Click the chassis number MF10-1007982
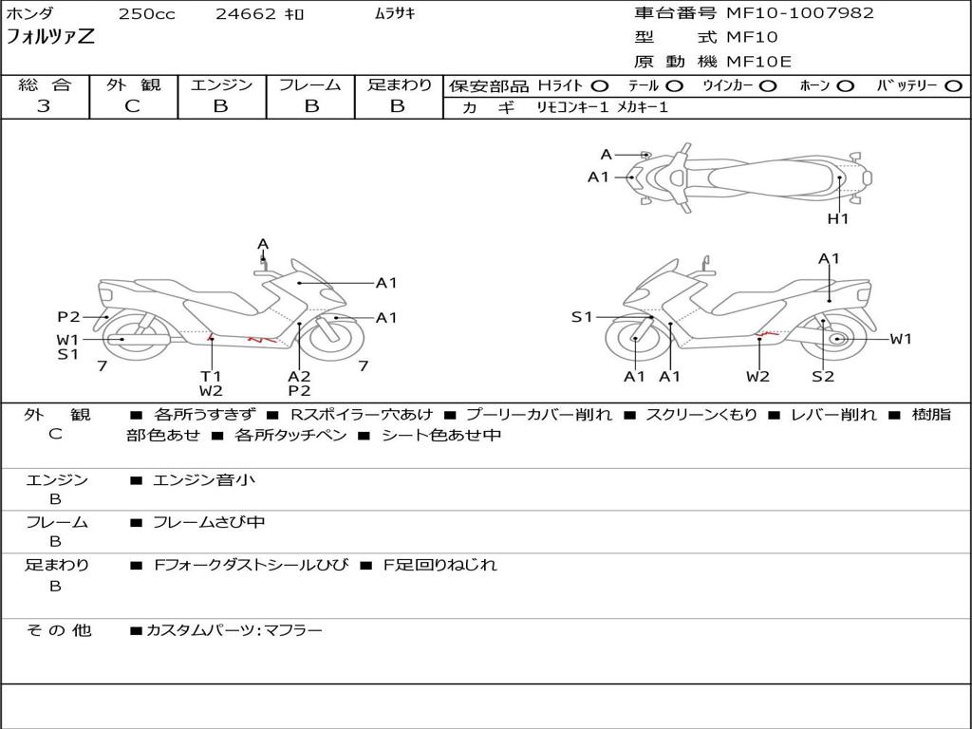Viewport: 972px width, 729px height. click(799, 13)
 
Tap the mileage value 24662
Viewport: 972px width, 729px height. click(245, 13)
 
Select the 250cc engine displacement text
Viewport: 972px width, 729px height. click(147, 13)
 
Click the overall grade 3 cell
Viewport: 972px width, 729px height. click(44, 106)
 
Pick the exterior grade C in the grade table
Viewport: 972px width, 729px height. click(132, 106)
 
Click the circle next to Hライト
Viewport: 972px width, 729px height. click(600, 86)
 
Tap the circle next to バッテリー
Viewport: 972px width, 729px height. click(953, 86)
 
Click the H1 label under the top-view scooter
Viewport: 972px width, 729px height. click(838, 219)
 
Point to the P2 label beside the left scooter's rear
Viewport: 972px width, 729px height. click(68, 317)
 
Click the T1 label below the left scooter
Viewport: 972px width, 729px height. click(211, 376)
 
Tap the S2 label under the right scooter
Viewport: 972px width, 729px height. click(823, 376)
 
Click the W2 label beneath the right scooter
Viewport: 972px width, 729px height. click(757, 376)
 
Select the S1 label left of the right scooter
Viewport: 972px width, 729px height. click(582, 317)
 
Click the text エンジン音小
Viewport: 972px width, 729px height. click(204, 479)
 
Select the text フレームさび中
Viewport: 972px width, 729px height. click(209, 522)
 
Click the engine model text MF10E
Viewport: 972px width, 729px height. click(758, 62)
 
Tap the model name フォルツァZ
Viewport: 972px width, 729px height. click(50, 37)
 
